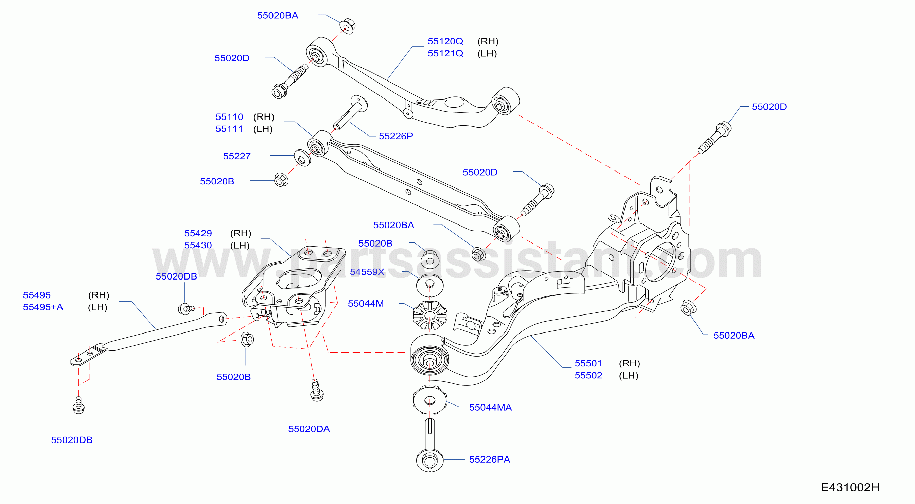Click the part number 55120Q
445,41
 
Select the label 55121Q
445,54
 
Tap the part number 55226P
396,136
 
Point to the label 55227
237,156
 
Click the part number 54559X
367,272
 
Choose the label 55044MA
490,408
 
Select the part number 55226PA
490,460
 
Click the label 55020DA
309,429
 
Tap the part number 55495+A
43,307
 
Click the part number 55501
588,363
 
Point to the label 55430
198,245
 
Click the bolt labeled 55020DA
316,391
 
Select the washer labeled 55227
302,158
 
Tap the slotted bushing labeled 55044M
430,316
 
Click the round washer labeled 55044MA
430,400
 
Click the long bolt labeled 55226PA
430,446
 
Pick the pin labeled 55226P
350,112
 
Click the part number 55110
229,117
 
